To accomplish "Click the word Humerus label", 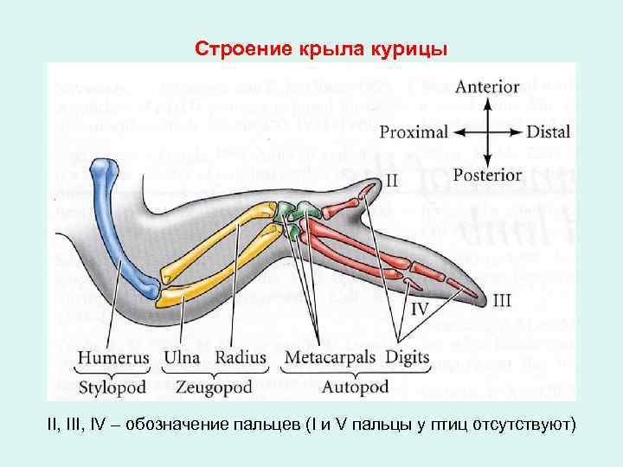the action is click(x=112, y=357).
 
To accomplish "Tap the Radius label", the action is click(x=241, y=357).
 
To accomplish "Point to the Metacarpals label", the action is click(x=330, y=357).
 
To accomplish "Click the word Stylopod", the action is click(x=112, y=387).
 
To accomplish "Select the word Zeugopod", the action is click(x=214, y=387).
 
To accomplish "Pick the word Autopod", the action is click(x=356, y=387).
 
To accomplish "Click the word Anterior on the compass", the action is click(x=487, y=87).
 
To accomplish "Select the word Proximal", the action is click(x=414, y=132).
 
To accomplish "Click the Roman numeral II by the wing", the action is click(x=391, y=181).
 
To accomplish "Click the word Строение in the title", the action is click(x=233, y=48).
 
